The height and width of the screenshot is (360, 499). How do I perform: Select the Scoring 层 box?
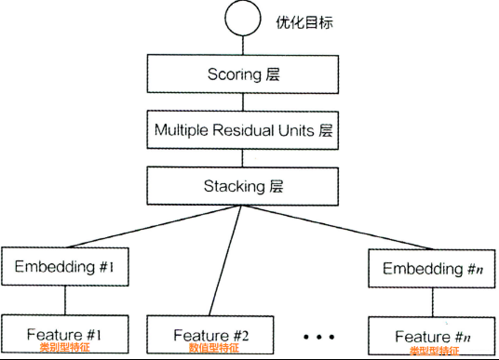tap(242, 73)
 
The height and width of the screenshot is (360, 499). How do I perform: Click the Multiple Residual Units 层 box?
tap(242, 130)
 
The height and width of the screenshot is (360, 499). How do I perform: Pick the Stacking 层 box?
tap(242, 186)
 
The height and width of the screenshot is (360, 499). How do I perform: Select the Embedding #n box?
tap(432, 270)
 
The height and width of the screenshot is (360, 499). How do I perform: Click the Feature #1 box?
tap(63, 332)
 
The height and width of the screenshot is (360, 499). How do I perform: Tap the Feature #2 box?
tap(210, 333)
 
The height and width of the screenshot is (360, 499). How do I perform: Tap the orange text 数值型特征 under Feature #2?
tap(213, 349)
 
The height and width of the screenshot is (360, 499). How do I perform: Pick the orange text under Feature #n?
tap(434, 351)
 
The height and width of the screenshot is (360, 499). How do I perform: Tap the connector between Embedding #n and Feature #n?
tap(433, 302)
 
